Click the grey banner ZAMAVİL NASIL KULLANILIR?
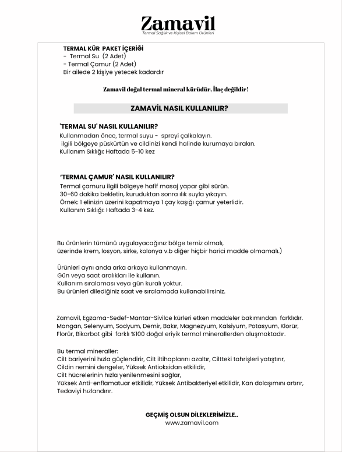point(180,108)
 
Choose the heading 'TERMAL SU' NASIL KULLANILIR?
point(109,126)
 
